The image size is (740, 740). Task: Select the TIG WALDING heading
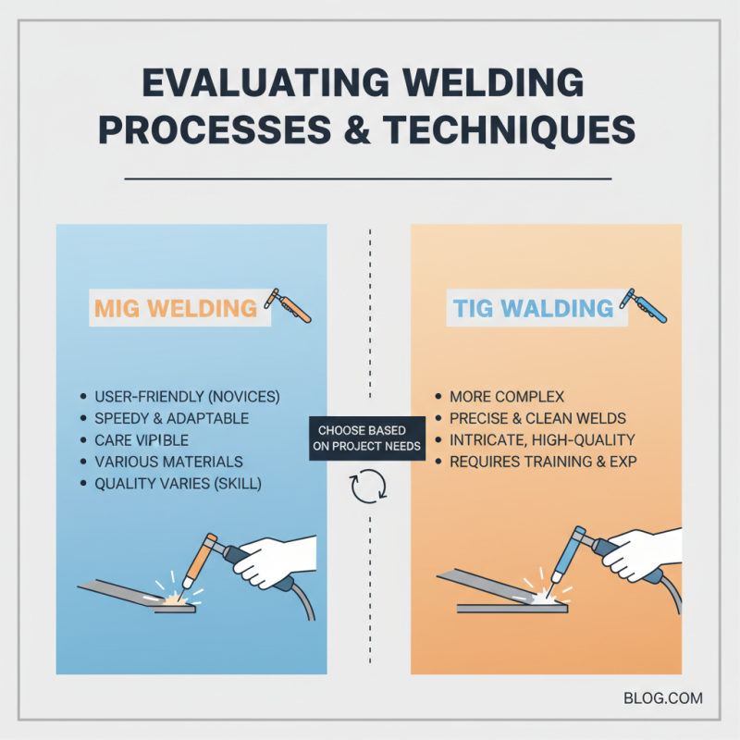[x=534, y=307]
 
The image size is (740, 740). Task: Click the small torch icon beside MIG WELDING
[x=289, y=306]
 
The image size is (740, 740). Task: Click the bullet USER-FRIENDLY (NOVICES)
[x=186, y=397]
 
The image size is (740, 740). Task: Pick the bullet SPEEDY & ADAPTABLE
[x=171, y=418]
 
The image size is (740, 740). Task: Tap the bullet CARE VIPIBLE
[x=142, y=439]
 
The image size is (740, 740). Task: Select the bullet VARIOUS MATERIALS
[x=168, y=461]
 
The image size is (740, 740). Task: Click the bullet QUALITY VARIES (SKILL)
[x=179, y=482]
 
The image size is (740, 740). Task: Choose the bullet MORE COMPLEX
[x=506, y=397]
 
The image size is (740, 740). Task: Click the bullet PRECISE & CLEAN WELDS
[x=537, y=418]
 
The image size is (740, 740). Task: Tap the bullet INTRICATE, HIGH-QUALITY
[x=542, y=439]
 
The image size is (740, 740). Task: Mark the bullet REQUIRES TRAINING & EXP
[x=543, y=461]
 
